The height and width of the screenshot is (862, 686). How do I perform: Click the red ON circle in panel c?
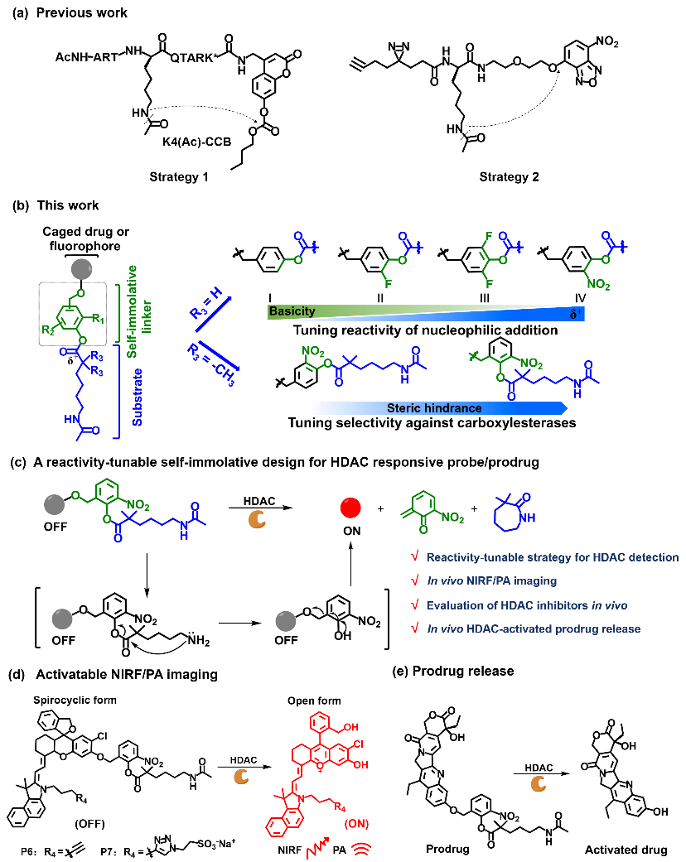click(351, 507)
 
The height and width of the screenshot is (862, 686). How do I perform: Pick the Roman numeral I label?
click(270, 297)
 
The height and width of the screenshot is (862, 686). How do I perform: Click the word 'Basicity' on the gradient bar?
click(292, 312)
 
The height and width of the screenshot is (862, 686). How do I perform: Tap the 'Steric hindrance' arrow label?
click(434, 407)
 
